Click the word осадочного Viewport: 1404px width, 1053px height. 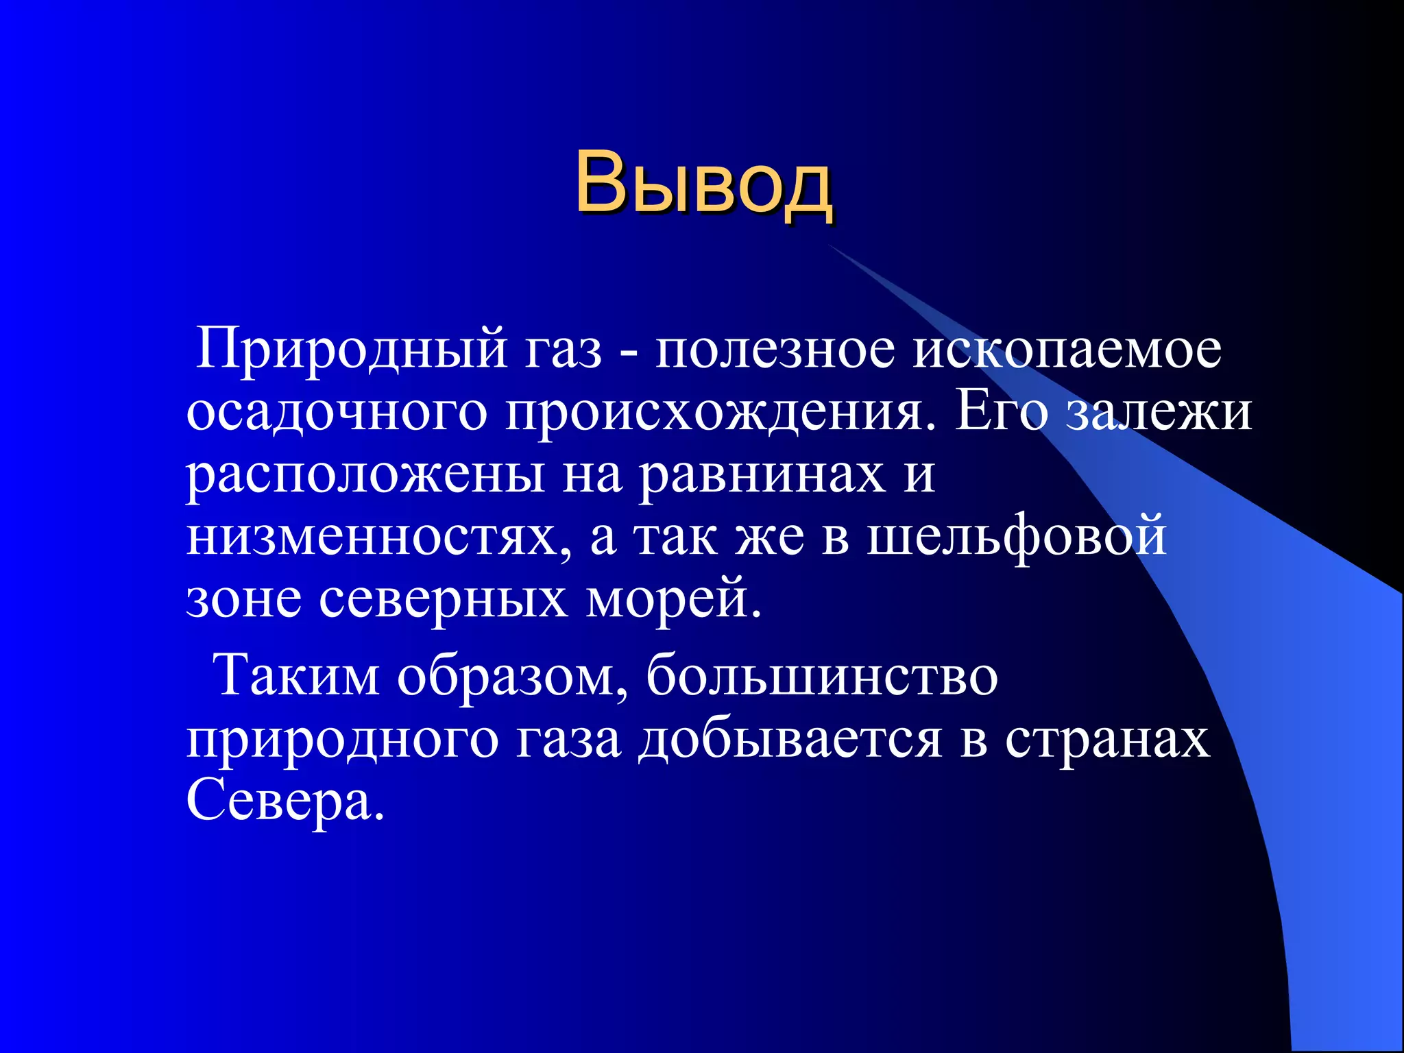click(337, 412)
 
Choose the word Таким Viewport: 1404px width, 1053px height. click(297, 676)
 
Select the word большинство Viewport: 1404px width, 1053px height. click(822, 676)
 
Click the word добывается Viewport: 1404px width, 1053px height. click(790, 740)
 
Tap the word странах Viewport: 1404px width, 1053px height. click(1107, 740)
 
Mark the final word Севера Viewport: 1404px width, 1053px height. click(285, 801)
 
